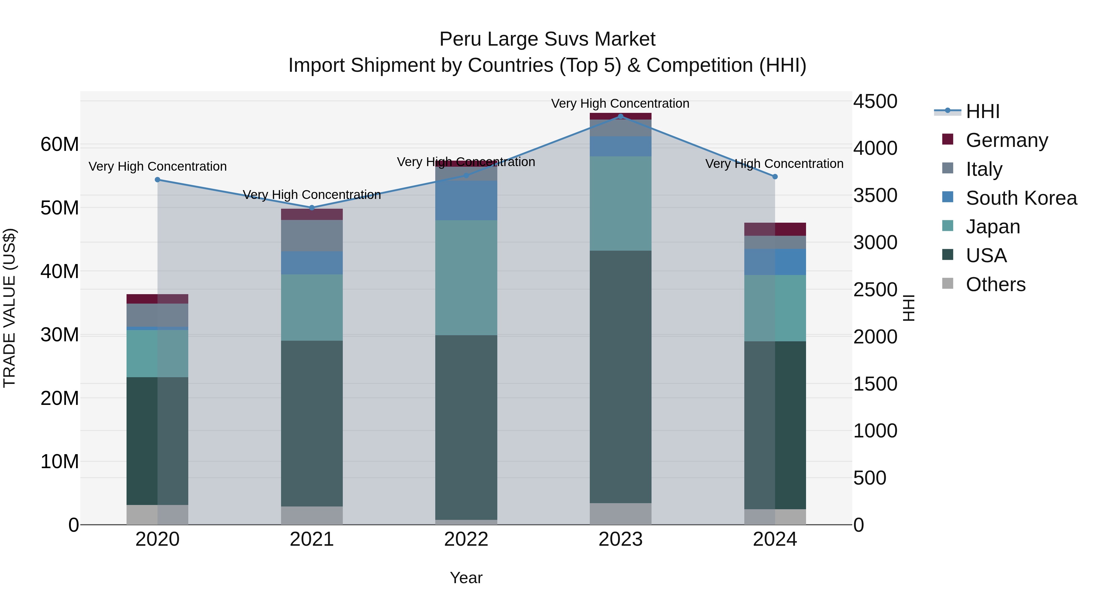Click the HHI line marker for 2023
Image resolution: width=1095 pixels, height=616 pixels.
click(x=620, y=116)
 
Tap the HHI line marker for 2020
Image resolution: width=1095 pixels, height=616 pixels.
click(x=157, y=180)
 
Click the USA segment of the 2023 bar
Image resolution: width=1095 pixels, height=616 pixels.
click(x=620, y=376)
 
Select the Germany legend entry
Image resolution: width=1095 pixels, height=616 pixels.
click(x=1006, y=140)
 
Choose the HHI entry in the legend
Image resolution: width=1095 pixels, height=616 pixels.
click(x=982, y=111)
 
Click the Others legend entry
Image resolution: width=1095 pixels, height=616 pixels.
click(x=995, y=284)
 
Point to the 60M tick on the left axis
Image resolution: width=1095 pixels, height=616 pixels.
click(x=60, y=144)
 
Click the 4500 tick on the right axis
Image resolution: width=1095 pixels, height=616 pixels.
click(x=875, y=102)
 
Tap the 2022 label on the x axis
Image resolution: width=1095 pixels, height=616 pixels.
click(x=466, y=539)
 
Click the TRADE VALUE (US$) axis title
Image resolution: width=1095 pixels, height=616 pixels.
click(x=10, y=308)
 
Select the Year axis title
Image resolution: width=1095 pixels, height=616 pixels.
click(x=466, y=578)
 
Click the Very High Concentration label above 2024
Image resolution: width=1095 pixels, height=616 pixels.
click(x=774, y=164)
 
